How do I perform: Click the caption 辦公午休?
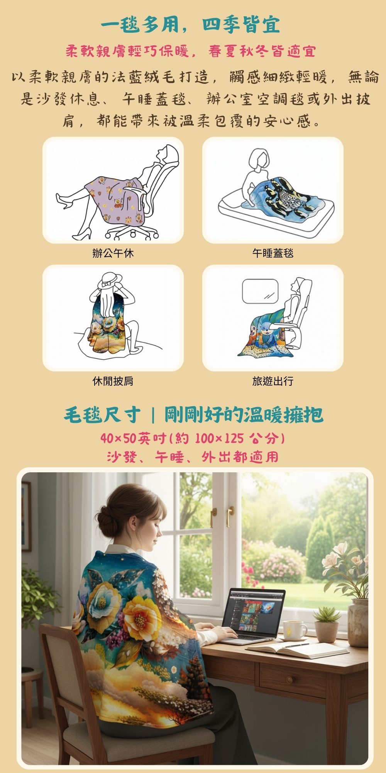(113, 253)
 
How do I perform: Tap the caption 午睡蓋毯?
(273, 253)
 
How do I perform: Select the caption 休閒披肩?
(113, 381)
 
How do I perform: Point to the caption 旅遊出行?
(273, 381)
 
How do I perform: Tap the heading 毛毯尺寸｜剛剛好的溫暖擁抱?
(193, 415)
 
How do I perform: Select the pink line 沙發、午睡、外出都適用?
(193, 457)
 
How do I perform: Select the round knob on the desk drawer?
(289, 680)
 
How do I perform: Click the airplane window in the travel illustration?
(260, 291)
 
